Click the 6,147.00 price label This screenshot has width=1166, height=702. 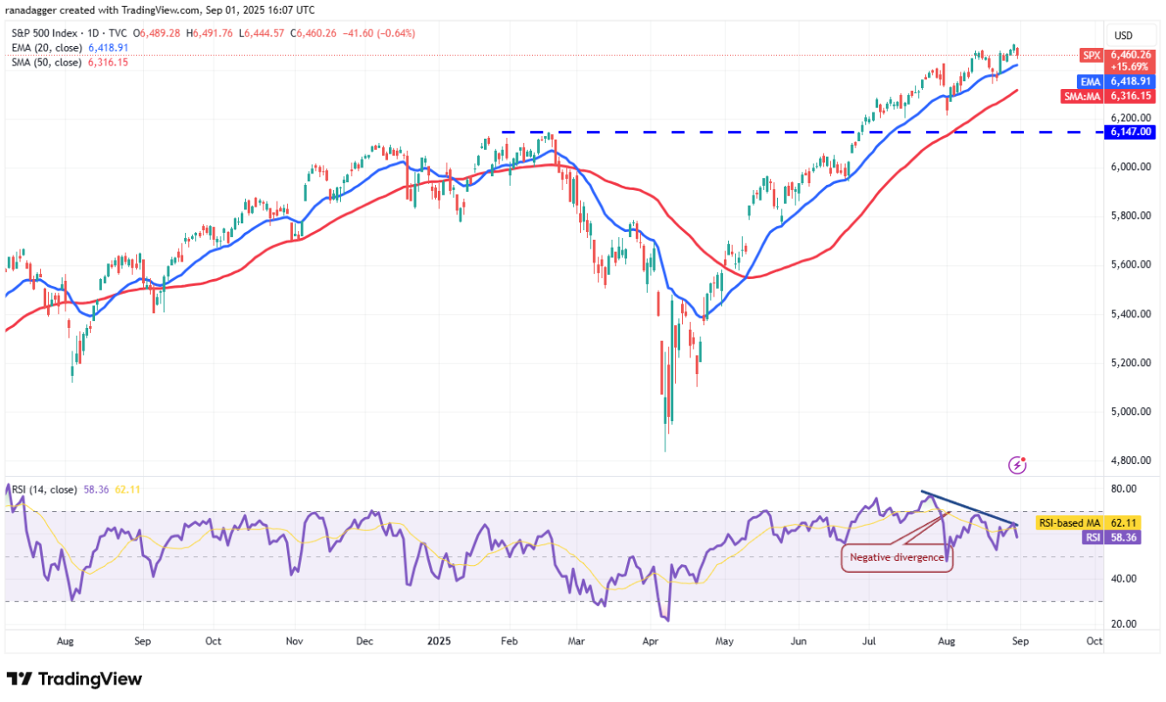(x=1132, y=132)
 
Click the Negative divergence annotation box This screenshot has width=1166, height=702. (x=897, y=557)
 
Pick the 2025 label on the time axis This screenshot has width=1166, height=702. (x=439, y=640)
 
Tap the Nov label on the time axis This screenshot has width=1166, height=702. (x=294, y=640)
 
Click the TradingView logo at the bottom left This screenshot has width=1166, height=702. (x=74, y=678)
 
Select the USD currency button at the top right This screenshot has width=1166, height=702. (x=1123, y=36)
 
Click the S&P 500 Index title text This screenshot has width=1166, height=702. (x=44, y=33)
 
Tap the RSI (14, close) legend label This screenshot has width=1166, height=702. (x=44, y=490)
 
